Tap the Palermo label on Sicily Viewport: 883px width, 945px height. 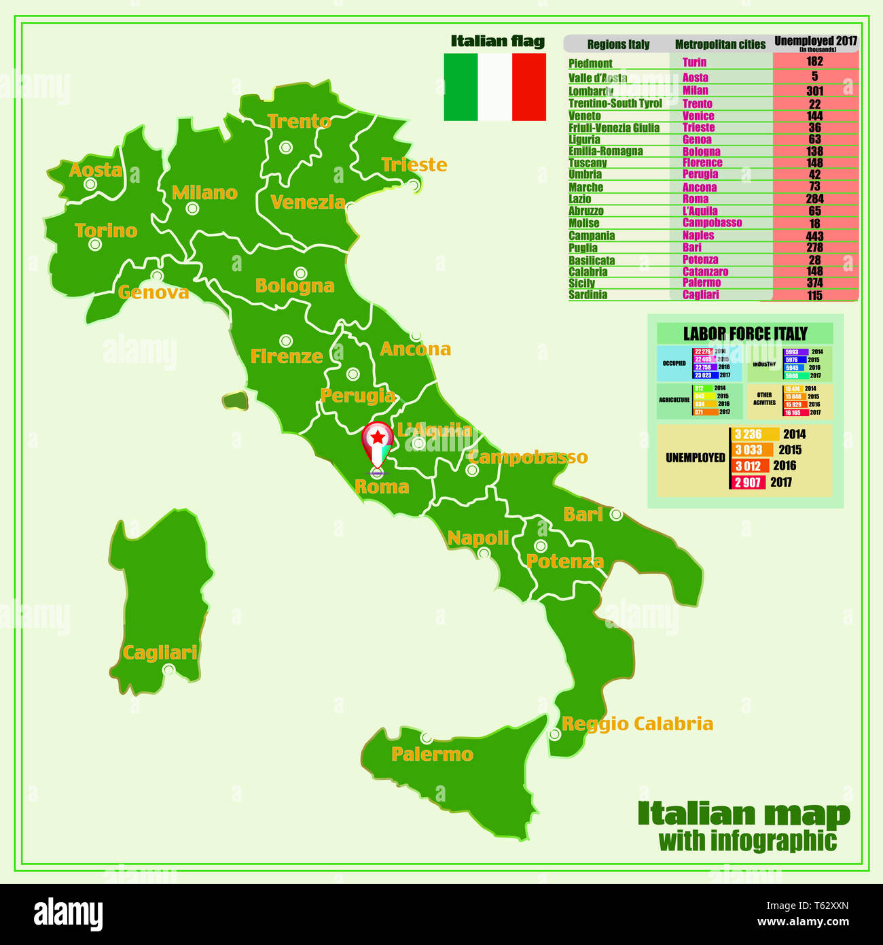pyautogui.click(x=432, y=754)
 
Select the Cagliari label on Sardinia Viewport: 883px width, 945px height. pyautogui.click(x=160, y=653)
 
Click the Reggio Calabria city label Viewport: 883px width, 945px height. pyautogui.click(x=637, y=723)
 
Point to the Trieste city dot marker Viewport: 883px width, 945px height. pyautogui.click(x=414, y=185)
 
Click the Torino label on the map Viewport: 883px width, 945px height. pyautogui.click(x=106, y=230)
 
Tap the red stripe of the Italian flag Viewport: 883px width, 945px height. pyautogui.click(x=529, y=87)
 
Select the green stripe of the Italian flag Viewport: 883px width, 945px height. pyautogui.click(x=461, y=87)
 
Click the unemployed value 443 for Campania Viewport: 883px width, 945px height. pyautogui.click(x=814, y=236)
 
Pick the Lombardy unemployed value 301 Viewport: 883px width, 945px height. pyautogui.click(x=814, y=90)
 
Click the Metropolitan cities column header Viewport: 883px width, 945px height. pyautogui.click(x=720, y=44)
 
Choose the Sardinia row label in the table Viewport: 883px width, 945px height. pyautogui.click(x=588, y=295)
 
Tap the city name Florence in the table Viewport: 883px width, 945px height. pyautogui.click(x=702, y=162)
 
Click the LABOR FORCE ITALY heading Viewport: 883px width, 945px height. pyautogui.click(x=745, y=334)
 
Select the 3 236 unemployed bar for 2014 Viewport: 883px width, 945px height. pyautogui.click(x=754, y=434)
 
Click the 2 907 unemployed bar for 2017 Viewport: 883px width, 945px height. pyautogui.click(x=748, y=482)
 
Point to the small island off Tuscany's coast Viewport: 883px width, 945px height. pyautogui.click(x=235, y=400)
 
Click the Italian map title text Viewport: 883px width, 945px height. pyautogui.click(x=744, y=814)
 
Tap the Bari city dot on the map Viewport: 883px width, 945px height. pyautogui.click(x=615, y=515)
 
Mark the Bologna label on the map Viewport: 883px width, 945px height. pyautogui.click(x=295, y=286)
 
